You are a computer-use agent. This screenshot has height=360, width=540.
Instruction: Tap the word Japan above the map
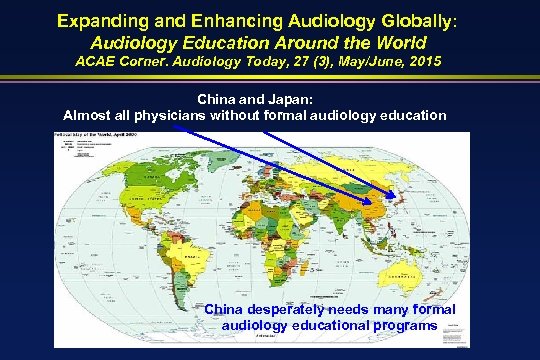coord(302,99)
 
